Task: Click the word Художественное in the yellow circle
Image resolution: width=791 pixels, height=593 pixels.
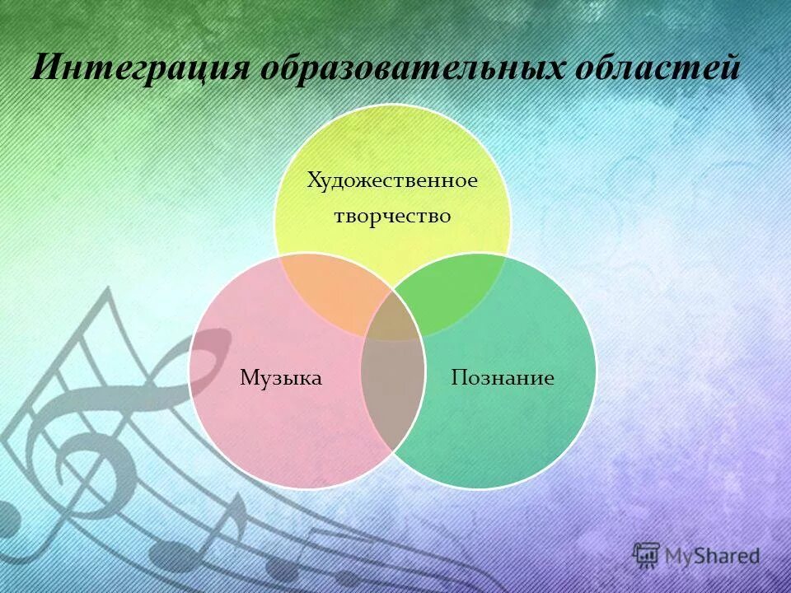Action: click(x=392, y=180)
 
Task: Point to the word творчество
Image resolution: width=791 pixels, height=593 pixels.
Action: click(x=392, y=216)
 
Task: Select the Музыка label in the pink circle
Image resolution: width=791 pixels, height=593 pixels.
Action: click(x=280, y=378)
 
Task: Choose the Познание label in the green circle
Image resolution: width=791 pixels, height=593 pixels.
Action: click(x=503, y=378)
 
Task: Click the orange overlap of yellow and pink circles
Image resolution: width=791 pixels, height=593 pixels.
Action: click(x=330, y=292)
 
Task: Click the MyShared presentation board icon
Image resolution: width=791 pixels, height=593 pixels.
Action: click(x=647, y=554)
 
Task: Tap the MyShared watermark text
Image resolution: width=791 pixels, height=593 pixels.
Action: click(x=711, y=556)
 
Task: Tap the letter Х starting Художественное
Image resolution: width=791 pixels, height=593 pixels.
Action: click(x=313, y=180)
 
